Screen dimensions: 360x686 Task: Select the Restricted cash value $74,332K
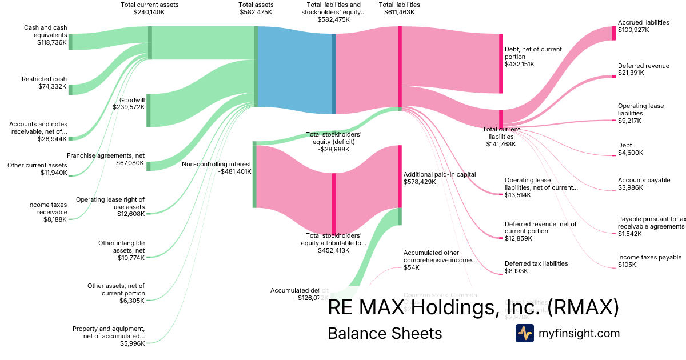tap(52, 86)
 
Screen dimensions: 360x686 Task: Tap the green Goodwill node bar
tap(149, 110)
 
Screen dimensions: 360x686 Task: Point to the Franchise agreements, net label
tap(106, 155)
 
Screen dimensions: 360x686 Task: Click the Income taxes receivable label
tap(47, 208)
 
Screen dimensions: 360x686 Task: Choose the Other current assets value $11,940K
tap(54, 173)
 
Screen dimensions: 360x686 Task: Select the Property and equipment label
tap(109, 332)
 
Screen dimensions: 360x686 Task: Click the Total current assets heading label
tap(150, 5)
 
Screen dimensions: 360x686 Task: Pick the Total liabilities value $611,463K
tap(400, 12)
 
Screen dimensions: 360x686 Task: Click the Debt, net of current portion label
tap(533, 53)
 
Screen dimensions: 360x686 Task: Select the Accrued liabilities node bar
tap(614, 33)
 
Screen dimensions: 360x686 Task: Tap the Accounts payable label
tap(644, 180)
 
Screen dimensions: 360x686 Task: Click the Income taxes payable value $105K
tap(627, 265)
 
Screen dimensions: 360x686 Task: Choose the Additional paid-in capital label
tap(440, 174)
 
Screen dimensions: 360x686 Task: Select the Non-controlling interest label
tap(216, 164)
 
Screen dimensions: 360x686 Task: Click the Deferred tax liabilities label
tap(536, 263)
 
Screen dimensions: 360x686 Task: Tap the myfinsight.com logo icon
tap(524, 333)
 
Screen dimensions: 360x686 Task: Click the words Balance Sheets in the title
tap(385, 333)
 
